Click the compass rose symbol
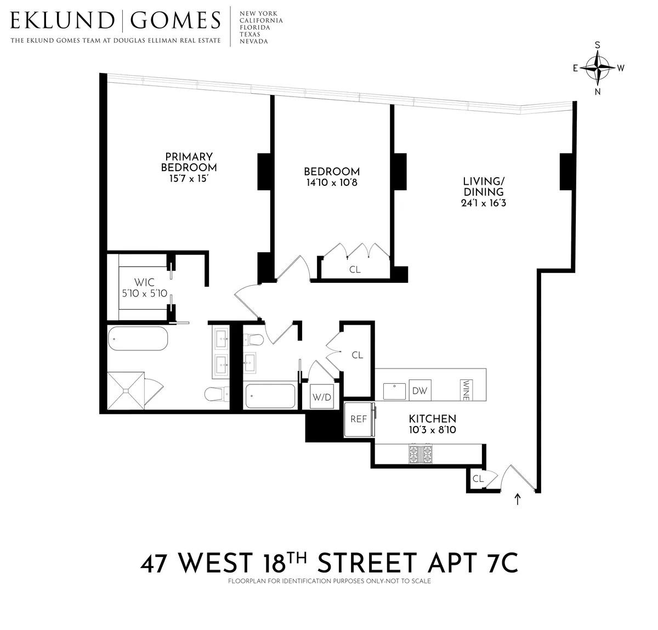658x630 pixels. pyautogui.click(x=598, y=68)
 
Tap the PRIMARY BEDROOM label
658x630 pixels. pyautogui.click(x=189, y=162)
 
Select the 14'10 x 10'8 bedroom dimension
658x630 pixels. pyautogui.click(x=332, y=183)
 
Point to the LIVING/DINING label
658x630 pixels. pyautogui.click(x=483, y=186)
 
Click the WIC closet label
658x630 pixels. pyautogui.click(x=144, y=283)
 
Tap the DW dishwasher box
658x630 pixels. pyautogui.click(x=419, y=391)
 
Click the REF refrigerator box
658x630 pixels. pyautogui.click(x=358, y=419)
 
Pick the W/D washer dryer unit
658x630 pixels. pyautogui.click(x=321, y=397)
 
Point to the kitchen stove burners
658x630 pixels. pyautogui.click(x=421, y=455)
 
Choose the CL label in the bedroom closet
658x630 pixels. pyautogui.click(x=355, y=270)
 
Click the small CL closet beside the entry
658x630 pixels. pyautogui.click(x=478, y=479)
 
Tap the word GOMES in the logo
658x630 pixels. pyautogui.click(x=175, y=21)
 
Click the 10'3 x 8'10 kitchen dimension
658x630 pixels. pyautogui.click(x=433, y=430)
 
